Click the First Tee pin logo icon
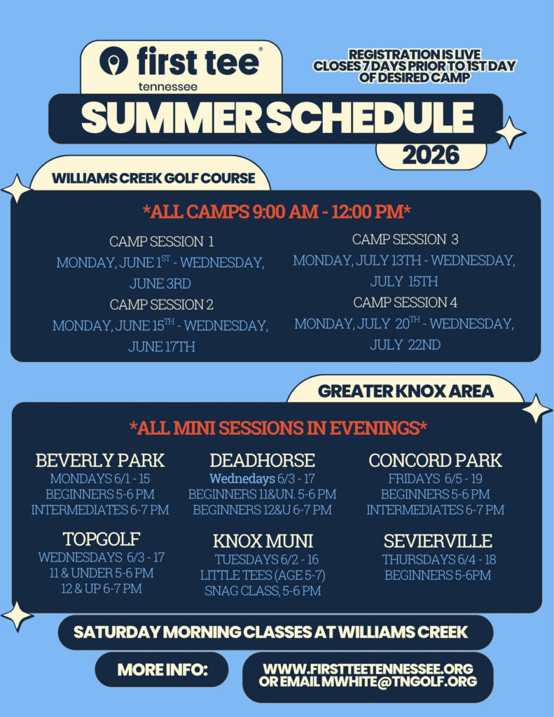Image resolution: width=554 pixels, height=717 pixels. (x=113, y=60)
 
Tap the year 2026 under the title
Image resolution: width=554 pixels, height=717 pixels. (x=431, y=155)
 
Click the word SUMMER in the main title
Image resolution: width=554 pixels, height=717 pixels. (x=171, y=118)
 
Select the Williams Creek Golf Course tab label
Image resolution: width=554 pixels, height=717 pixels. (x=153, y=178)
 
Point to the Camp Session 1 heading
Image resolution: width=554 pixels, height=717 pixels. (x=162, y=241)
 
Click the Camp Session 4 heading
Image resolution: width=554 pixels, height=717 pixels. (x=405, y=302)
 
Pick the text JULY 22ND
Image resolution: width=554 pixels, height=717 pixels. (x=405, y=344)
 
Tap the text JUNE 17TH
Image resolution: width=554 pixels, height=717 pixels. (x=162, y=346)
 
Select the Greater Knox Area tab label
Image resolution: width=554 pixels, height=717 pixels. (x=406, y=391)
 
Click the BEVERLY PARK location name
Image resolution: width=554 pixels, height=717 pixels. (x=100, y=460)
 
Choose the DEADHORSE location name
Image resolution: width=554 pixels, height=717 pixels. (x=262, y=460)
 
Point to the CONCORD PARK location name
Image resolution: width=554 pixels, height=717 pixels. (x=435, y=460)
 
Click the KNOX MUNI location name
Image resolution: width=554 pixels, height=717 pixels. (x=263, y=541)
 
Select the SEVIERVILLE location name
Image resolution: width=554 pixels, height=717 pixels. (x=438, y=541)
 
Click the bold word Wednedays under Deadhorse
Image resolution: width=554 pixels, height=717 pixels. (x=242, y=479)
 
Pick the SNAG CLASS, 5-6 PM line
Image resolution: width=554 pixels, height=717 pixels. (x=263, y=590)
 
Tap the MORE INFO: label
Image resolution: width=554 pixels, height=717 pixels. (x=162, y=669)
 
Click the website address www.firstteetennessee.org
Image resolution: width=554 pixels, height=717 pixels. (x=368, y=669)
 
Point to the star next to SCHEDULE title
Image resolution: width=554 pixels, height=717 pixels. (x=510, y=132)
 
